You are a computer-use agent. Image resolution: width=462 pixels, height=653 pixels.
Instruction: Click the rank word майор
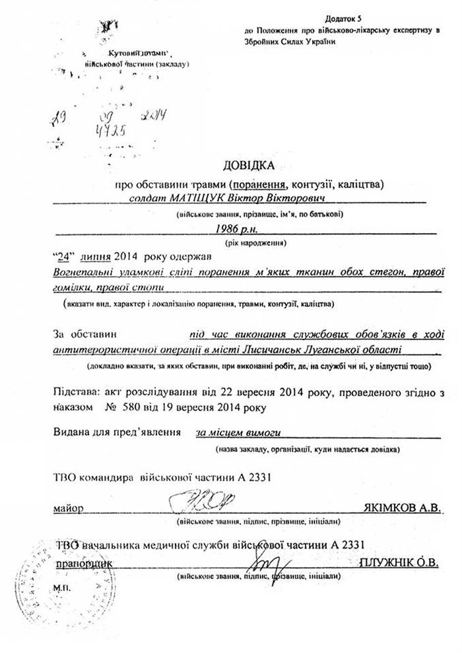click(x=64, y=509)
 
